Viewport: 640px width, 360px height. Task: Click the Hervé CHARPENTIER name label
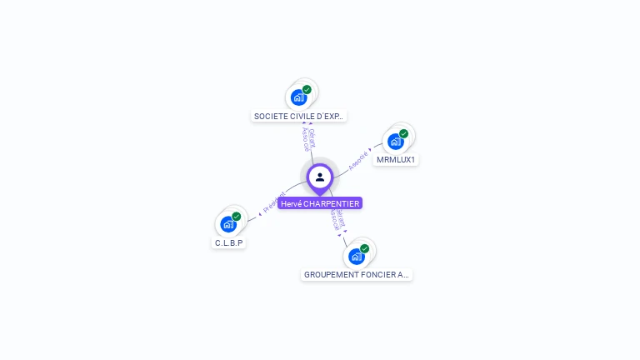(320, 203)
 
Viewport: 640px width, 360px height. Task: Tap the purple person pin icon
(320, 177)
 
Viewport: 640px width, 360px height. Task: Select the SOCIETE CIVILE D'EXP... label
(298, 117)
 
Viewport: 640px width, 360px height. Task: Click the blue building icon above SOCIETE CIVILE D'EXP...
(298, 98)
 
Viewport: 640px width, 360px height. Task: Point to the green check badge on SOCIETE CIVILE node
(307, 89)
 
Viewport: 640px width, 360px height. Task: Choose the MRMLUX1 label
(396, 159)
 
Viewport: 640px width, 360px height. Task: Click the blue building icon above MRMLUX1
(395, 142)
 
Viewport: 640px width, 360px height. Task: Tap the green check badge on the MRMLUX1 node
(403, 133)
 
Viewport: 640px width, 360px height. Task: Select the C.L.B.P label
(229, 243)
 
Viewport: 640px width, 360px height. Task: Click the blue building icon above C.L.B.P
(227, 224)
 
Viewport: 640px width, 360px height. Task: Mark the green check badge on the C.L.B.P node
(236, 216)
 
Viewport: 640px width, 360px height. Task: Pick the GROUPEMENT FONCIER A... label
(357, 274)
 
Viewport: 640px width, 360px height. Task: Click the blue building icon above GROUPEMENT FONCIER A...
(356, 256)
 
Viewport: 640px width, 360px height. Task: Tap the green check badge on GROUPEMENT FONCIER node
(364, 247)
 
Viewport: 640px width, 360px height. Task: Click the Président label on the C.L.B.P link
(274, 202)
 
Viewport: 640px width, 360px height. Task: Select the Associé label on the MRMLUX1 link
(358, 160)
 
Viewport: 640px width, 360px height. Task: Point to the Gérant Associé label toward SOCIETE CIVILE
(308, 138)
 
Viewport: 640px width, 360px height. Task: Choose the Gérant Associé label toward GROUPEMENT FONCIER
(337, 218)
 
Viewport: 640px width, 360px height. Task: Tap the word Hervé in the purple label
(291, 203)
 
